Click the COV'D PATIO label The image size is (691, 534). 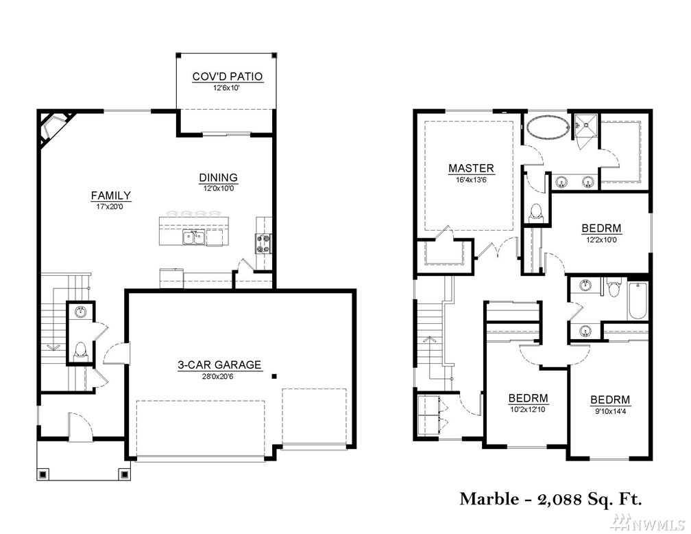tap(228, 76)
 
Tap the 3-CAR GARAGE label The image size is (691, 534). tap(219, 365)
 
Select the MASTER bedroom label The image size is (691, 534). tap(471, 168)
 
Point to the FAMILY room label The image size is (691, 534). tap(111, 196)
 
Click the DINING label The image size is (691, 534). tap(219, 177)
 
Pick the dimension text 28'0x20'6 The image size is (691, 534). tap(219, 377)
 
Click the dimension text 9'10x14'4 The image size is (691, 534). tap(610, 411)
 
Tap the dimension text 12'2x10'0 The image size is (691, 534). tap(602, 240)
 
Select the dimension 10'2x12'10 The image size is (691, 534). tap(529, 409)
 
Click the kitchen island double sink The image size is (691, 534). tap(194, 237)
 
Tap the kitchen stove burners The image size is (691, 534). tap(263, 244)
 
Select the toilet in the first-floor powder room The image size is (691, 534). tap(80, 350)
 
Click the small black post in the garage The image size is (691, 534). tap(274, 376)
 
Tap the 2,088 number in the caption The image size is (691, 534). tap(559, 500)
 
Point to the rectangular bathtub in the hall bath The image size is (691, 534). tap(638, 301)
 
